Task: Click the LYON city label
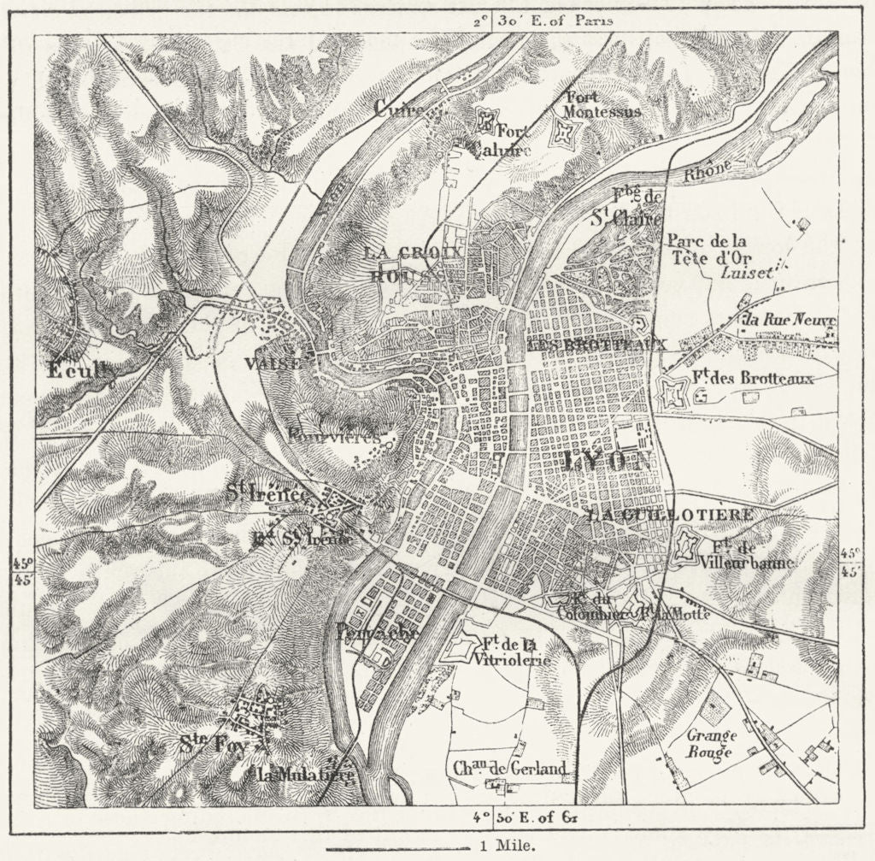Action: [608, 463]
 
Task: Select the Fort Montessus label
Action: [602, 104]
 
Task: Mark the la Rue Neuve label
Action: [789, 321]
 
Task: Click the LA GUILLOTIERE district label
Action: [671, 515]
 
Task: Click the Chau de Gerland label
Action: [510, 769]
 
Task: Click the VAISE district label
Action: [273, 363]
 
